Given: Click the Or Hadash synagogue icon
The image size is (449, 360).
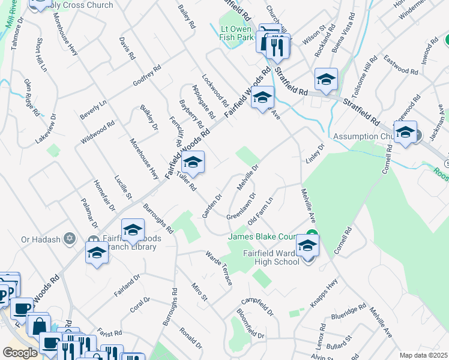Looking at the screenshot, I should coord(70,239).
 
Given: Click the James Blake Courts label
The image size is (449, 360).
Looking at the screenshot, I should coord(264,236).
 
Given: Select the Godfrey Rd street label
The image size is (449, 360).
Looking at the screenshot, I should coord(147,76).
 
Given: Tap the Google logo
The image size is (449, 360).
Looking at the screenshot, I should coord(20,353).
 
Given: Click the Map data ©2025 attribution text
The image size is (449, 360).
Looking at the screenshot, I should coord(423,355).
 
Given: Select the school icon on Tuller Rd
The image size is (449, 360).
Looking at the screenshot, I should coord(193,163).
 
